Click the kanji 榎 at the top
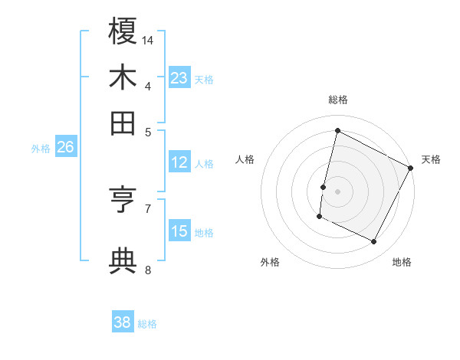[x=123, y=31]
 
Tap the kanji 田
[x=123, y=123]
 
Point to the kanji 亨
[x=123, y=201]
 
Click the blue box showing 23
[x=179, y=78]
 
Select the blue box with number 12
[x=179, y=162]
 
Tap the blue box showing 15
[x=179, y=231]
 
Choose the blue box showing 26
[x=65, y=148]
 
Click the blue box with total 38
[x=122, y=322]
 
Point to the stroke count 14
[x=149, y=39]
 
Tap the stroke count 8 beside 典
[x=148, y=270]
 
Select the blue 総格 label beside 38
[x=147, y=324]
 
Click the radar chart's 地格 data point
[x=374, y=242]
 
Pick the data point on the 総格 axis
[x=337, y=130]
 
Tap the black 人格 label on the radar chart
[x=245, y=159]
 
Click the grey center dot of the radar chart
[x=337, y=191]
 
